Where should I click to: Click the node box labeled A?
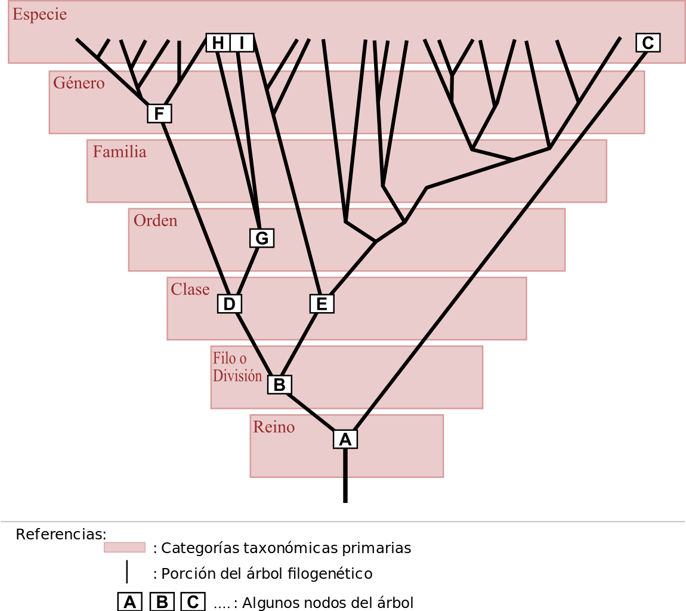pos(345,439)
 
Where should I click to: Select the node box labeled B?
pos(279,384)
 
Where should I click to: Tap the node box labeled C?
pos(648,43)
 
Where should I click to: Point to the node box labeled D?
pos(230,304)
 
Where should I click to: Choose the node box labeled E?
pos(322,304)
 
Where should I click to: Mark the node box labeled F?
pos(159,113)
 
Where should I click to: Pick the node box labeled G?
pos(261,238)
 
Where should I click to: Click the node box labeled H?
pos(218,43)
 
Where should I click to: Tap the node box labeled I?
pos(242,43)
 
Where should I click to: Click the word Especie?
pos(39,14)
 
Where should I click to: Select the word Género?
pos(79,82)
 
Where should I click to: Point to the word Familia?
pos(119,152)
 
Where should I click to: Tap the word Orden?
pos(156,220)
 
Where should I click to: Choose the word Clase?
pos(190,289)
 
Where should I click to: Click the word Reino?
pos(274,427)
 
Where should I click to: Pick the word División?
pos(237,376)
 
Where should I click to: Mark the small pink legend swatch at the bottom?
pos(125,547)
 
